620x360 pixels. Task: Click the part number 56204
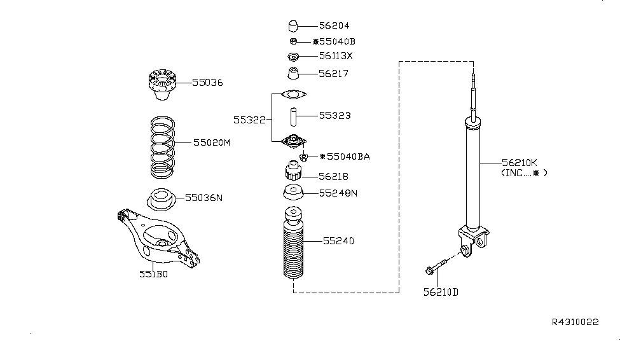[x=334, y=26]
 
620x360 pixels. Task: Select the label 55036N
[x=203, y=198]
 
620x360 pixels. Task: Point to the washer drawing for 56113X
[x=293, y=57]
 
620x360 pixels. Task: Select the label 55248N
[x=338, y=193]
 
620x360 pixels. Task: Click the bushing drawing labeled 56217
[x=293, y=74]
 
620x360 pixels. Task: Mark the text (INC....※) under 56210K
[x=523, y=172]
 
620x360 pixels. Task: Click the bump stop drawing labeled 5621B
[x=293, y=172]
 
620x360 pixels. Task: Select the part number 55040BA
[x=346, y=156]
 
